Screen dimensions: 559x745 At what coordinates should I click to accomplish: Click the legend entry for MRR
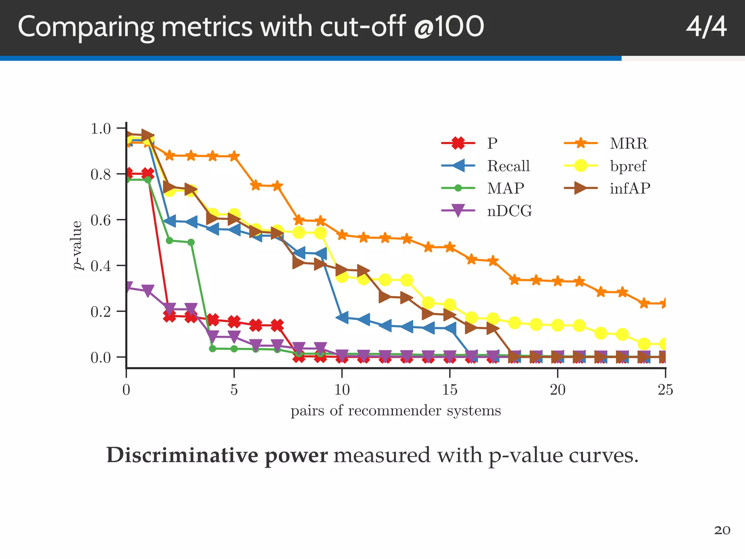[x=629, y=143]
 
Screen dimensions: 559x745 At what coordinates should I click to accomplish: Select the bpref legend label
[x=628, y=166]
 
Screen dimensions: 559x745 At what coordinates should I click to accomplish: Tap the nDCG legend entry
[x=509, y=211]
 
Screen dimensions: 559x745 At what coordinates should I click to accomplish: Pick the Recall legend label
[x=508, y=166]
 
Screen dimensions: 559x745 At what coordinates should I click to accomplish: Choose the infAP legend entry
[x=630, y=188]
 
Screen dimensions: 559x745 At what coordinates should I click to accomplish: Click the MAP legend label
[x=505, y=188]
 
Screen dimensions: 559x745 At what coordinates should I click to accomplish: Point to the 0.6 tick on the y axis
[x=100, y=220]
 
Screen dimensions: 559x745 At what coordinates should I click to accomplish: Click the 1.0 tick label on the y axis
[x=100, y=128]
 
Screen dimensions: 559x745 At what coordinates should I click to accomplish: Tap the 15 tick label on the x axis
[x=450, y=390]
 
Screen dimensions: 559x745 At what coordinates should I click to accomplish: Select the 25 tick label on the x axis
[x=665, y=390]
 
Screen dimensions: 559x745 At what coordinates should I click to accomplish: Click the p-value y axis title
[x=77, y=245]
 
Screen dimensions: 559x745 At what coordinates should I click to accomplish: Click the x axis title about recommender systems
[x=396, y=411]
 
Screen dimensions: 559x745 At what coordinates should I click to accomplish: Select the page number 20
[x=722, y=531]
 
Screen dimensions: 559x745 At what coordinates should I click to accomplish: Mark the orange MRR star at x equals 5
[x=234, y=156]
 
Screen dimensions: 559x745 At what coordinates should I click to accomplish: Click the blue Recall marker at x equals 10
[x=342, y=317]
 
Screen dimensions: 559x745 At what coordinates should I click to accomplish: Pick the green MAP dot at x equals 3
[x=191, y=242]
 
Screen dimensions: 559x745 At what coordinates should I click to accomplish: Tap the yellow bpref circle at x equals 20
[x=558, y=325]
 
